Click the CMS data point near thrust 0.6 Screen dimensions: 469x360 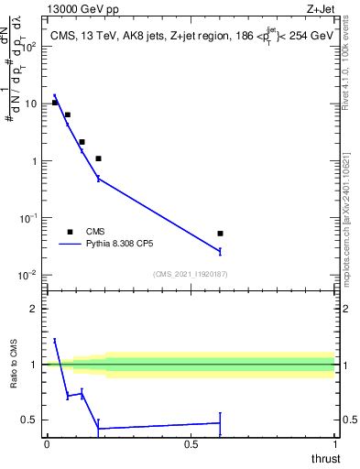(x=220, y=234)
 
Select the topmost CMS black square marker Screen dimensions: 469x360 (x=55, y=103)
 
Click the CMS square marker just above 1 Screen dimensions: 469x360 (x=98, y=158)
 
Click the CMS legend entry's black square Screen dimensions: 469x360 (x=70, y=232)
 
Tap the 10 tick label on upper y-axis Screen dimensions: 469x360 (x=31, y=104)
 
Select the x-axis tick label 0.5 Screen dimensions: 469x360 (x=191, y=444)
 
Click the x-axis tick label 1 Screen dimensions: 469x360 (x=334, y=444)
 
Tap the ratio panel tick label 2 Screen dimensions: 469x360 (x=36, y=309)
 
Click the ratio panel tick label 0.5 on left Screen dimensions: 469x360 (x=31, y=420)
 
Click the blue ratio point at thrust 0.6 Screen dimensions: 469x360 (x=220, y=423)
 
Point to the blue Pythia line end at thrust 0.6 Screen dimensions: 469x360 (x=220, y=251)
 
